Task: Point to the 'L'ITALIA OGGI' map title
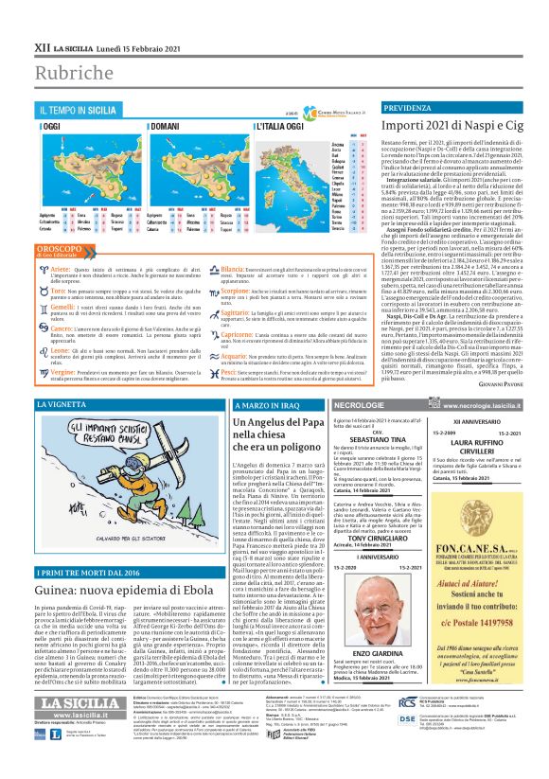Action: pyautogui.click(x=233, y=125)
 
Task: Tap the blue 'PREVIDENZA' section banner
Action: pyautogui.click(x=411, y=110)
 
